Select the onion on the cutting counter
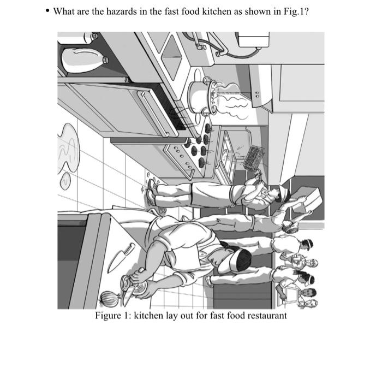pos(107,299)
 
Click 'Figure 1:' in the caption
pos(113,316)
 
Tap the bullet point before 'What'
pos(48,12)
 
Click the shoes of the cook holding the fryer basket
pos(152,194)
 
